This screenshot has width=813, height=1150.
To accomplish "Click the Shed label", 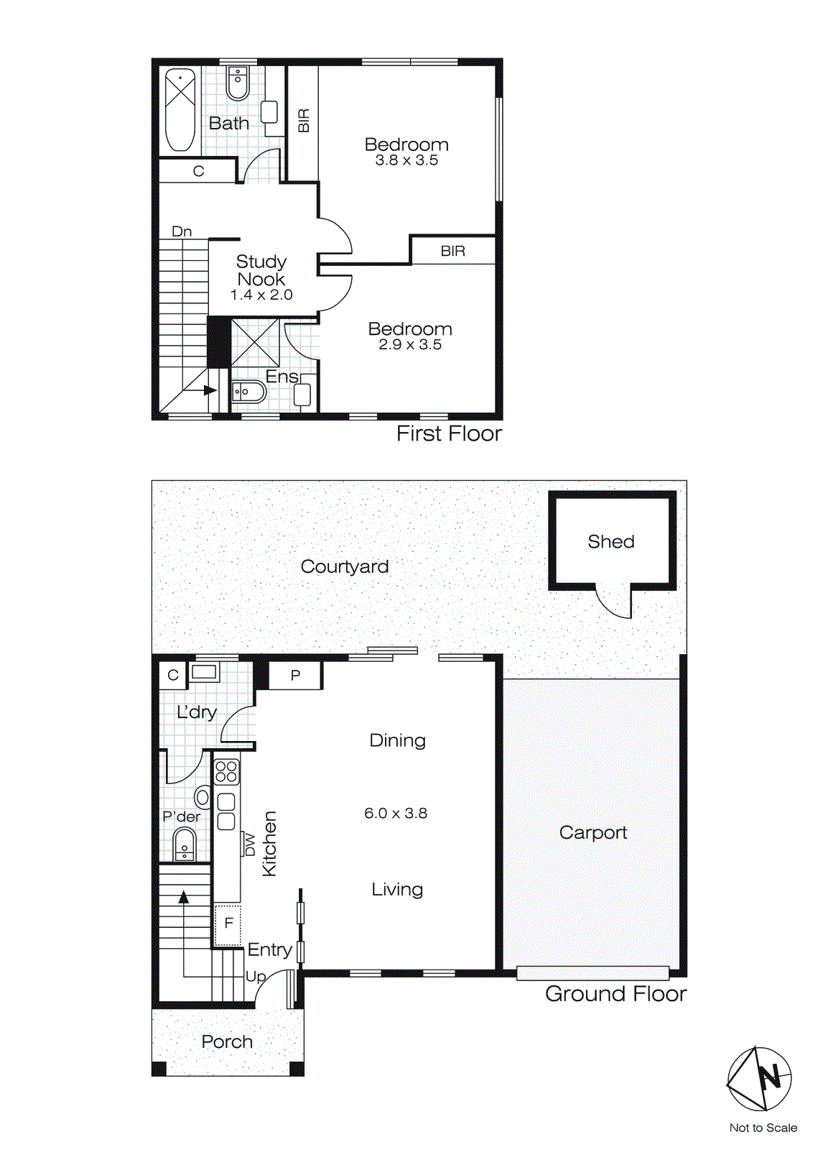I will pyautogui.click(x=610, y=541).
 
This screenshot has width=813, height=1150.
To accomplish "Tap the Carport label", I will pyautogui.click(x=593, y=832).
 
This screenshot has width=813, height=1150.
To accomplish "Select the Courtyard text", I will pyautogui.click(x=344, y=566).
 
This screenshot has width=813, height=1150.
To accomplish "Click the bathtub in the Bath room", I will pyautogui.click(x=180, y=109).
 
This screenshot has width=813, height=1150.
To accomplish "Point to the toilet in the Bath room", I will pyautogui.click(x=238, y=83).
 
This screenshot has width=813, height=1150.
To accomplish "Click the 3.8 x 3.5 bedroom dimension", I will pyautogui.click(x=406, y=160).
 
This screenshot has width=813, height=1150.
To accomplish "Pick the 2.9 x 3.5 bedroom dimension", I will pyautogui.click(x=410, y=345).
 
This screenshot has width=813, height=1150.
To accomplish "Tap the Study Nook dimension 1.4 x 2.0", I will pyautogui.click(x=261, y=295).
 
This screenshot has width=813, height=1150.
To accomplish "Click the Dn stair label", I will pyautogui.click(x=182, y=231).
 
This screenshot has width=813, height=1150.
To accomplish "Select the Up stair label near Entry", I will pyautogui.click(x=255, y=976).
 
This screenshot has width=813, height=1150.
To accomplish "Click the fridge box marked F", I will pyautogui.click(x=228, y=924).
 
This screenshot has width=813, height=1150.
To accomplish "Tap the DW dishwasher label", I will pyautogui.click(x=250, y=845).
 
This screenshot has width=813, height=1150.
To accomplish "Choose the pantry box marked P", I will pyautogui.click(x=295, y=676).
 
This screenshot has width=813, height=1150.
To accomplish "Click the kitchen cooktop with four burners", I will pyautogui.click(x=226, y=771).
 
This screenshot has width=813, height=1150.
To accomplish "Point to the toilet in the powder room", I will pyautogui.click(x=185, y=844).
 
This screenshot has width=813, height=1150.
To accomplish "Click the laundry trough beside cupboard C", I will pyautogui.click(x=204, y=673).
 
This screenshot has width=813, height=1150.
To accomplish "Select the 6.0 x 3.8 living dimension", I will pyautogui.click(x=396, y=813).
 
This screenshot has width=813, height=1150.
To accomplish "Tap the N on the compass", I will pyautogui.click(x=770, y=1077).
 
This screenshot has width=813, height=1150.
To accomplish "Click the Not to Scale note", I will pyautogui.click(x=763, y=1128).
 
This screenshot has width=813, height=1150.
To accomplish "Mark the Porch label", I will pyautogui.click(x=227, y=1041).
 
